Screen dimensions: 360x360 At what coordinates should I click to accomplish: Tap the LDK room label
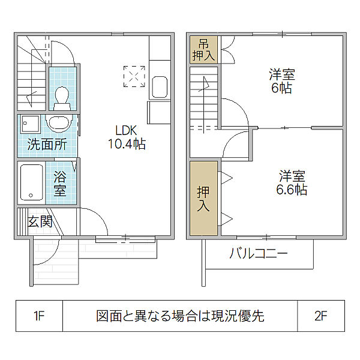point(126,130)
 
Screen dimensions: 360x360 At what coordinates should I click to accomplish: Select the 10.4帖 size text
point(127,144)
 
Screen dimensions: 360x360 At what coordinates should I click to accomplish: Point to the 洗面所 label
point(47,145)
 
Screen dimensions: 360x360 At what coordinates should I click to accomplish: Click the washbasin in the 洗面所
point(59,124)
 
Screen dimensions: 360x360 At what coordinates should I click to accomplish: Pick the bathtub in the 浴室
point(32,182)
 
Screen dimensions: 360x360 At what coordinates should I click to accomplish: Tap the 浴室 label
point(60,184)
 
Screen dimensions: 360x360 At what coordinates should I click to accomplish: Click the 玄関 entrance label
point(40,222)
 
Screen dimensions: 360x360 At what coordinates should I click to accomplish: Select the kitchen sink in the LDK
point(160,87)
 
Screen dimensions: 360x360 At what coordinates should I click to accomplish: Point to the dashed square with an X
point(134,76)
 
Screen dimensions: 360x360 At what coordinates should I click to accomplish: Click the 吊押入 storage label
point(203,50)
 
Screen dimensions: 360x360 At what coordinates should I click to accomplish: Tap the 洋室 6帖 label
point(282,81)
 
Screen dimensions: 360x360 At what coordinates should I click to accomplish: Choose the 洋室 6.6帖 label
point(292,183)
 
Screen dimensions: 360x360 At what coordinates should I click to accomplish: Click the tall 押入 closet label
point(203,199)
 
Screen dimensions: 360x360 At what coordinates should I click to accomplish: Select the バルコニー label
point(259,254)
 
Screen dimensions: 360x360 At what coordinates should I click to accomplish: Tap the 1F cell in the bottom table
point(39,316)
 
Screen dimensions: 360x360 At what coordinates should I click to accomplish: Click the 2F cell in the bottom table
point(321,316)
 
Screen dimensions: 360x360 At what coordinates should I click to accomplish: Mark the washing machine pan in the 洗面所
point(31,124)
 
